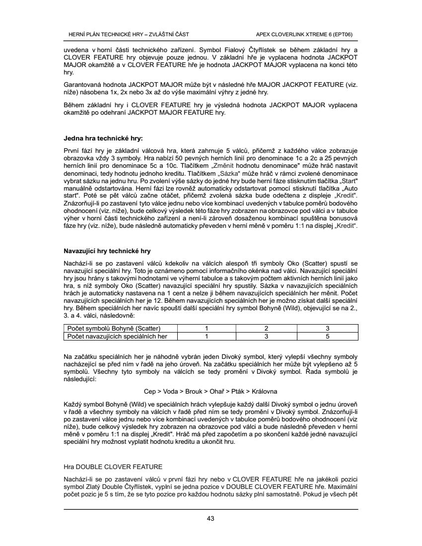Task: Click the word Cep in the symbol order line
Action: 149,391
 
